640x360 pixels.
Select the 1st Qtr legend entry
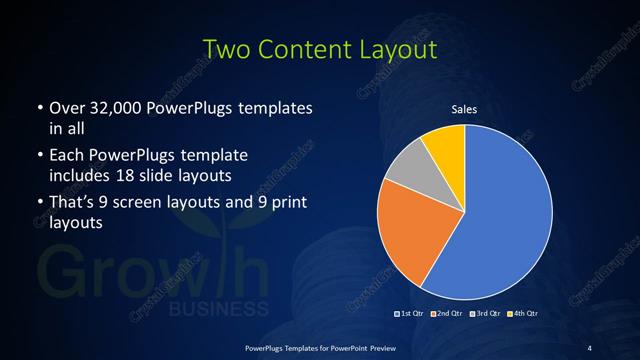pos(408,314)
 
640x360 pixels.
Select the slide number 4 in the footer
pos(589,347)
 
